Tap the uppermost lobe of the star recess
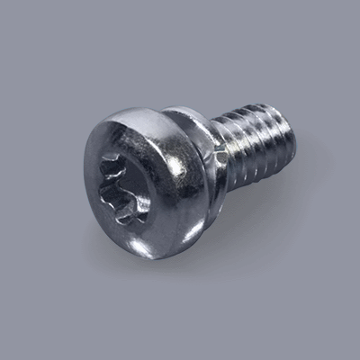coord(125,158)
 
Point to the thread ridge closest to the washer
coord(227,148)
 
